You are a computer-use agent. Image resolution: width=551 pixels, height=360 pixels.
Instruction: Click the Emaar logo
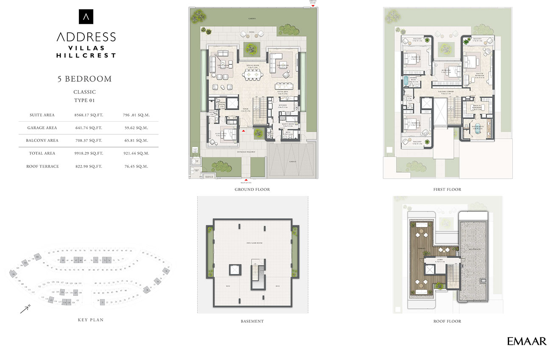click(526, 341)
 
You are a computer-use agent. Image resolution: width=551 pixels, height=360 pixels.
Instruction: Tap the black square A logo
click(86, 17)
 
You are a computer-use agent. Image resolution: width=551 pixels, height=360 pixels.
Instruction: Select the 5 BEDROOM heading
click(85, 79)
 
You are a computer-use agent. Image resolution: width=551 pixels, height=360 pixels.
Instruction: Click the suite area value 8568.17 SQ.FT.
click(89, 115)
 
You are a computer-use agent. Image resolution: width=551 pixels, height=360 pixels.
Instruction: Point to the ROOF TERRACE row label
click(42, 166)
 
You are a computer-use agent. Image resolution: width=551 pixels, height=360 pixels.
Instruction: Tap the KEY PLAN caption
click(91, 320)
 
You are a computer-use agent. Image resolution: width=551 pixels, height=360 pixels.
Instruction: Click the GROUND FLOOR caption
click(252, 190)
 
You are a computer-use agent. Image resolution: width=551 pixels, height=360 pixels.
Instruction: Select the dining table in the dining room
click(252, 75)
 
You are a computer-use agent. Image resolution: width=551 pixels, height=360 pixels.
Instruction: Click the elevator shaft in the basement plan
click(234, 271)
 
